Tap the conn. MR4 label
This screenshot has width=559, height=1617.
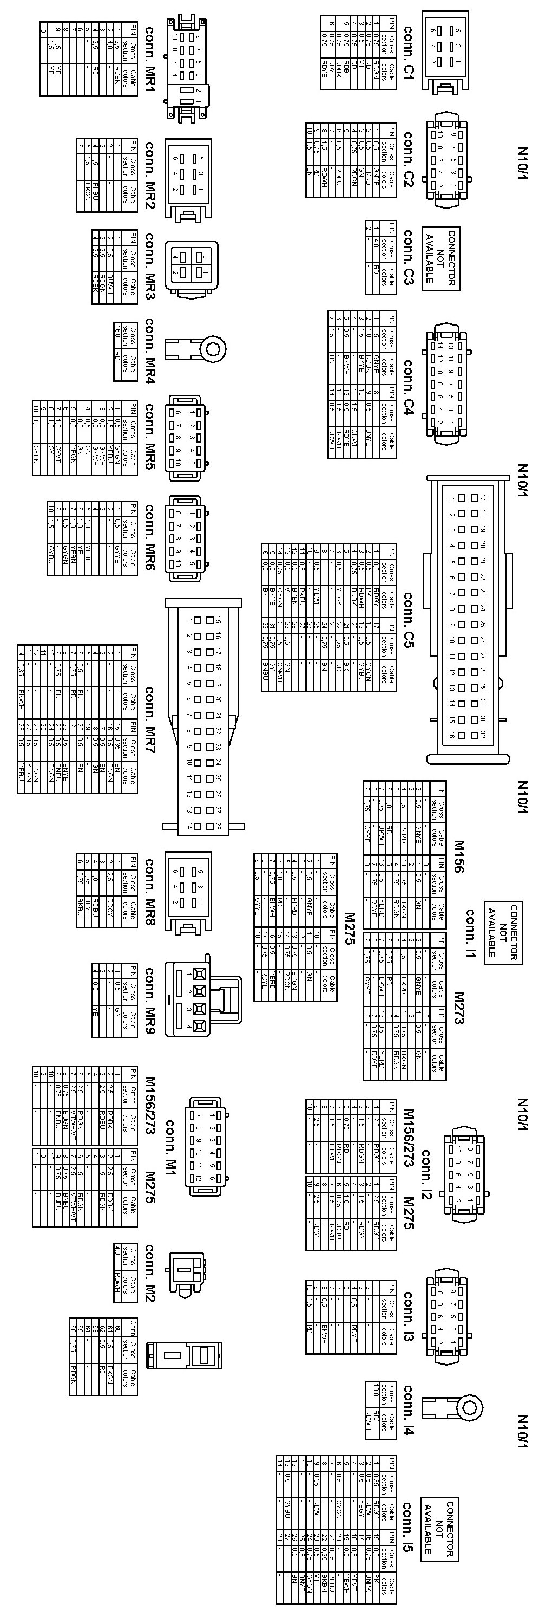150,349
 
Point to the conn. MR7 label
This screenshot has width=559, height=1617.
150,719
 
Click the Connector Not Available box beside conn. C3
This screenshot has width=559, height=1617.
440,258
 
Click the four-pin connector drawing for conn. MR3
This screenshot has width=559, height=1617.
192,266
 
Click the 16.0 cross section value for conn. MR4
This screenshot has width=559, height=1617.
117,332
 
